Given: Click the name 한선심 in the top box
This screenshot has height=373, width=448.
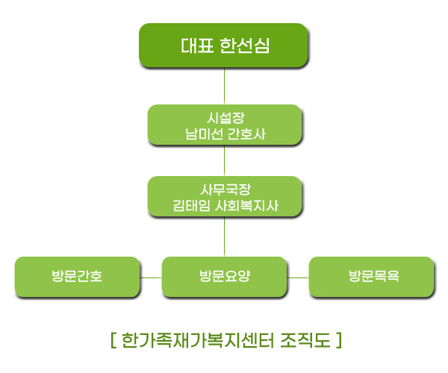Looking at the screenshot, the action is pyautogui.click(x=245, y=46).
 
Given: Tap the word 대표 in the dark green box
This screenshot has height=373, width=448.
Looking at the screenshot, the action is pyautogui.click(x=197, y=46).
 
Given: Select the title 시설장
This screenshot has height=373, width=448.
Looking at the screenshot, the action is pyautogui.click(x=225, y=118).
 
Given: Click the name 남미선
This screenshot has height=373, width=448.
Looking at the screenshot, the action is pyautogui.click(x=204, y=134).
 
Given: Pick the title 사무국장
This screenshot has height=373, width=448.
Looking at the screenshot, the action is pyautogui.click(x=225, y=189).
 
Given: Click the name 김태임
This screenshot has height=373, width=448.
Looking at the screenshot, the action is pyautogui.click(x=191, y=205).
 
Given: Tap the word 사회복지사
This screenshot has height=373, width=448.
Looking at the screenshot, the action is pyautogui.click(x=246, y=205).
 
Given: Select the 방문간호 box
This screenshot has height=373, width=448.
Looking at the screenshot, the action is pyautogui.click(x=77, y=277).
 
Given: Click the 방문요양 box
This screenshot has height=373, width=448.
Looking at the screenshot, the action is pyautogui.click(x=224, y=277).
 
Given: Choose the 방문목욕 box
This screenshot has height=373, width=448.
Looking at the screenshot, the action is pyautogui.click(x=371, y=277).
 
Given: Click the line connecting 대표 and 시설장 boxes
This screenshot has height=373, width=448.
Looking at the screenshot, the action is pyautogui.click(x=224, y=86).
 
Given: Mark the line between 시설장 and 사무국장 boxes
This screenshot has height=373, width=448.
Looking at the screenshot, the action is pyautogui.click(x=224, y=160).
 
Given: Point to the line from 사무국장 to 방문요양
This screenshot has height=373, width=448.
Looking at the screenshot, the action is pyautogui.click(x=224, y=236).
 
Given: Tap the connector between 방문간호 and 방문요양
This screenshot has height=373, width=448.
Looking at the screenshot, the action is pyautogui.click(x=151, y=278).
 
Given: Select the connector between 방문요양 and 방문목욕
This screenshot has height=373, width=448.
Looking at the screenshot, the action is pyautogui.click(x=298, y=278).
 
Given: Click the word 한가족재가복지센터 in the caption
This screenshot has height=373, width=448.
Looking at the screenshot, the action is pyautogui.click(x=197, y=340).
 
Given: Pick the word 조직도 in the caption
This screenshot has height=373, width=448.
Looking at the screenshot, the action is pyautogui.click(x=305, y=340).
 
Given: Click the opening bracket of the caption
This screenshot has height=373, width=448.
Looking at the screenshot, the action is pyautogui.click(x=113, y=340).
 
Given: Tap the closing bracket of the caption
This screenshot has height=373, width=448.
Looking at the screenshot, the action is pyautogui.click(x=339, y=340).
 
